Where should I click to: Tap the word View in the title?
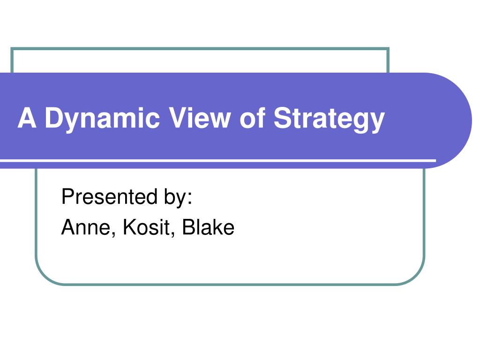[x=200, y=118]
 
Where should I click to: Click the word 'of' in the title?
[x=253, y=118]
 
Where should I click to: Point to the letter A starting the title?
[x=27, y=118]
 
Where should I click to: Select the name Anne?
[x=86, y=227]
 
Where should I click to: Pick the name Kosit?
[x=146, y=227]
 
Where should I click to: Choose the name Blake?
[x=208, y=227]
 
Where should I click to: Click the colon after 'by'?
[x=190, y=198]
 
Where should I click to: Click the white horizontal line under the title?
[x=218, y=161]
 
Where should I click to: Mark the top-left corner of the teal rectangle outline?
[x=12, y=48]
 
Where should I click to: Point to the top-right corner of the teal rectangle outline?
[x=389, y=48]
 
